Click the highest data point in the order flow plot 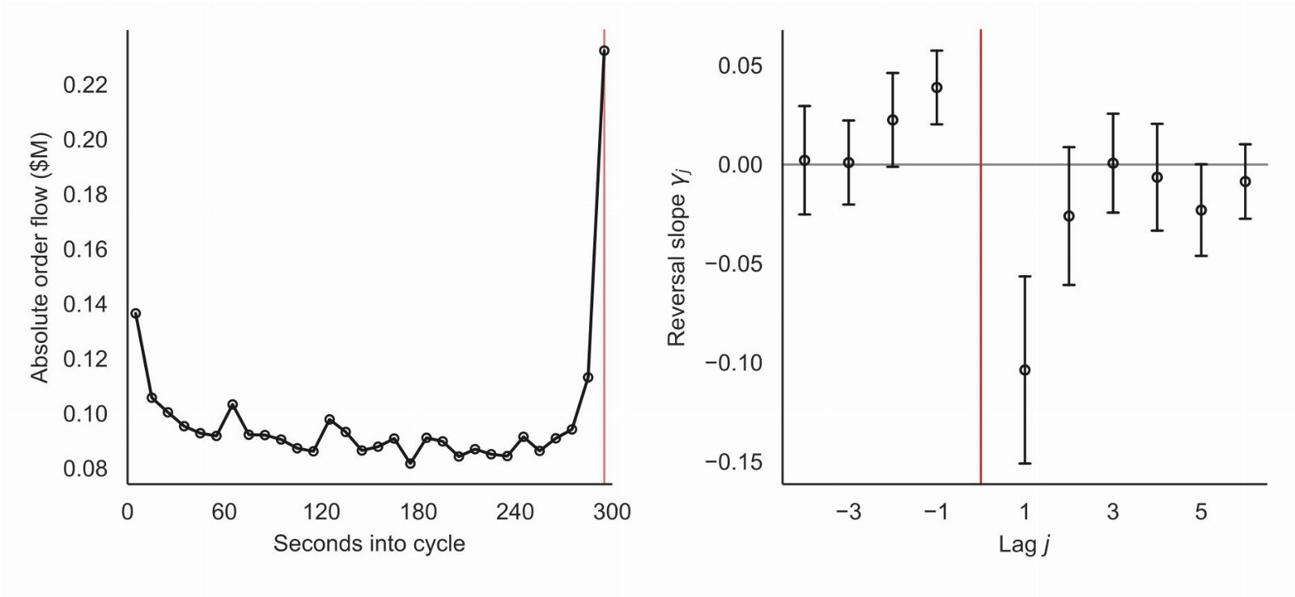604,51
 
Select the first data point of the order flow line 135,313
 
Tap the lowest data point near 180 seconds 410,463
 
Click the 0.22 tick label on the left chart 86,86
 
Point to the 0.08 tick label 86,468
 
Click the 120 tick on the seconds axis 321,512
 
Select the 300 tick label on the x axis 612,512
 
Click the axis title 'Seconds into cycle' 369,544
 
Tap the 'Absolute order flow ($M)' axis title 40,258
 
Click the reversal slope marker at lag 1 1025,370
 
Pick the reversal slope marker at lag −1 937,88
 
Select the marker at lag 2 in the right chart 1069,216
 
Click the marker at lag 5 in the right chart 1201,210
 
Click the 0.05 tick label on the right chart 741,66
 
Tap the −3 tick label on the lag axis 849,512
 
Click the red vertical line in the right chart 981,256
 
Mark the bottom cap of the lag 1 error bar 1025,464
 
